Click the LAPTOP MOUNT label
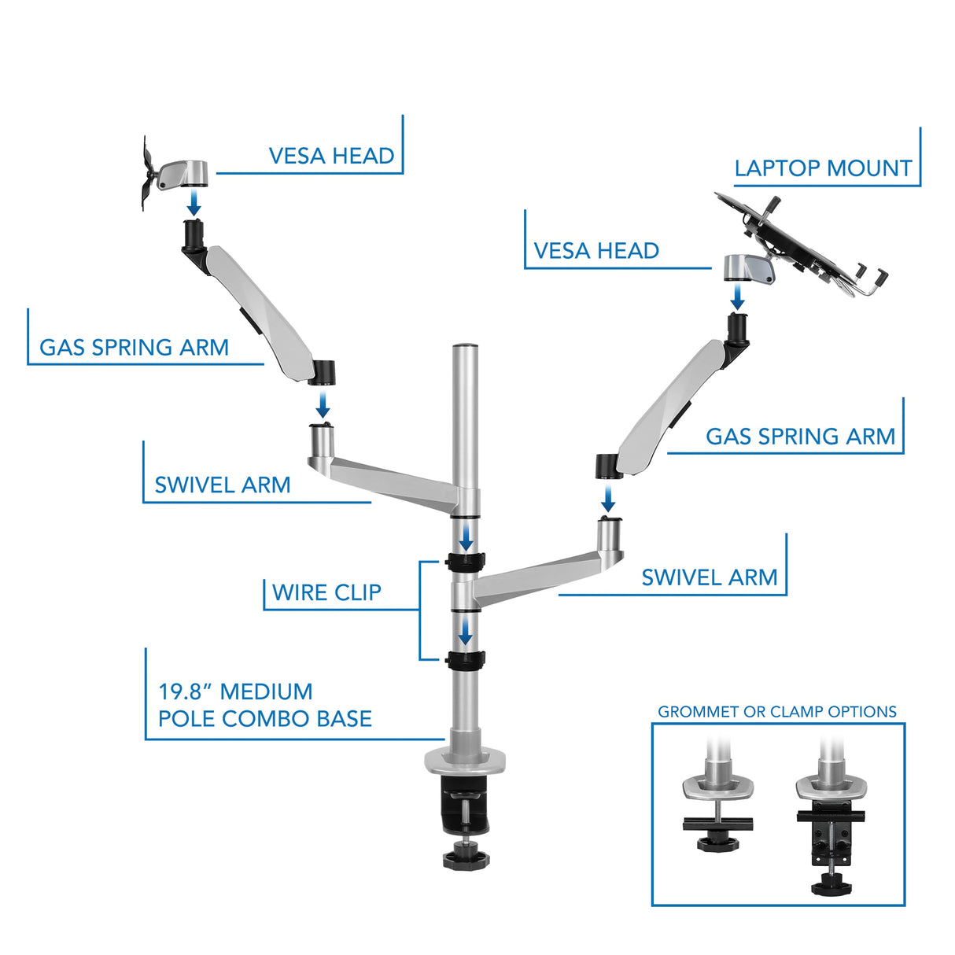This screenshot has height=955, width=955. coord(823,168)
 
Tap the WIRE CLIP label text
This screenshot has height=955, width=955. coord(326,592)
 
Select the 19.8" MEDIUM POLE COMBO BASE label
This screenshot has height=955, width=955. coord(264,705)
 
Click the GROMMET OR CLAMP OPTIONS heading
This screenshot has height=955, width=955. coord(777,712)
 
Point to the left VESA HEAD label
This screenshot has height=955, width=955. coord(331,156)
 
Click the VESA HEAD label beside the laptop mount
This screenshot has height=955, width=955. coord(596,251)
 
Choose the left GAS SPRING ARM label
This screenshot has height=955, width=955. coord(134,348)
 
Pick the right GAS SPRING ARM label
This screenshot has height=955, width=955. coord(800,437)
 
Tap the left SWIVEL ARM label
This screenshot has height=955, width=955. coord(223,485)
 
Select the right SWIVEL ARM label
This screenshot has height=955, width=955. coord(709,577)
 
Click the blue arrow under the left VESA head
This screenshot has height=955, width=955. coord(194,204)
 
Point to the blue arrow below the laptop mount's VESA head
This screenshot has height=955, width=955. coord(737,297)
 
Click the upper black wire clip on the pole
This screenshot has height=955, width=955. coord(465,562)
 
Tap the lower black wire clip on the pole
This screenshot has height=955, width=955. coord(465,659)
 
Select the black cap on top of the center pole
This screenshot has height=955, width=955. coord(465,345)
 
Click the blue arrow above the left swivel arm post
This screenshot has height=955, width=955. coord(323,407)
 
